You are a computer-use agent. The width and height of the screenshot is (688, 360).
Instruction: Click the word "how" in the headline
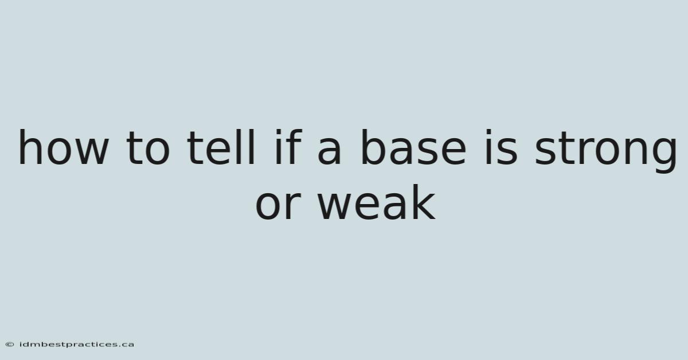point(64,147)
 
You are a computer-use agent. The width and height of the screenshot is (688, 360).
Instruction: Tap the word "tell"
point(221,147)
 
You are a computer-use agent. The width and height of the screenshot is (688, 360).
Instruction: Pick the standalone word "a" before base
point(330,152)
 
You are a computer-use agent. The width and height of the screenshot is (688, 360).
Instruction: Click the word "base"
point(414,147)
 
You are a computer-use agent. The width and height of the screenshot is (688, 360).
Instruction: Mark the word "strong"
point(605,151)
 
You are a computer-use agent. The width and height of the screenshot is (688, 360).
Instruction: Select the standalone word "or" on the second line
point(278,206)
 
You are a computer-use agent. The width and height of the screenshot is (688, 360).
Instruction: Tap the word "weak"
point(377,202)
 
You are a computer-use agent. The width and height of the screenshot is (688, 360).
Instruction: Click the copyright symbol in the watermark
point(10,345)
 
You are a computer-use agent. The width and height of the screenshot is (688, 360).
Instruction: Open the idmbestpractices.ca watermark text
point(77,345)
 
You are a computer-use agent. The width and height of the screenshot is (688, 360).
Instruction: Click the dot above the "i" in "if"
point(278,132)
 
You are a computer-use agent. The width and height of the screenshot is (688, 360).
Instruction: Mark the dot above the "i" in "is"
point(488,132)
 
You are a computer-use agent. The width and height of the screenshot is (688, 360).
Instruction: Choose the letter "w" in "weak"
point(334,206)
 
